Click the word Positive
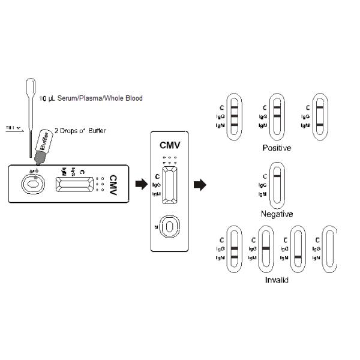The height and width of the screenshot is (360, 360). [277, 148]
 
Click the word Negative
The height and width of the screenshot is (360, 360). [277, 214]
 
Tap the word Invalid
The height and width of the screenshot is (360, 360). [277, 280]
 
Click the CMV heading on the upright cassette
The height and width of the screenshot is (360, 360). [170, 145]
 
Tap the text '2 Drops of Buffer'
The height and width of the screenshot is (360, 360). [80, 130]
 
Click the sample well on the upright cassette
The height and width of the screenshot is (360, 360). [170, 226]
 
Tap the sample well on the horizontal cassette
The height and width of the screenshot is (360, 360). [31, 183]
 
